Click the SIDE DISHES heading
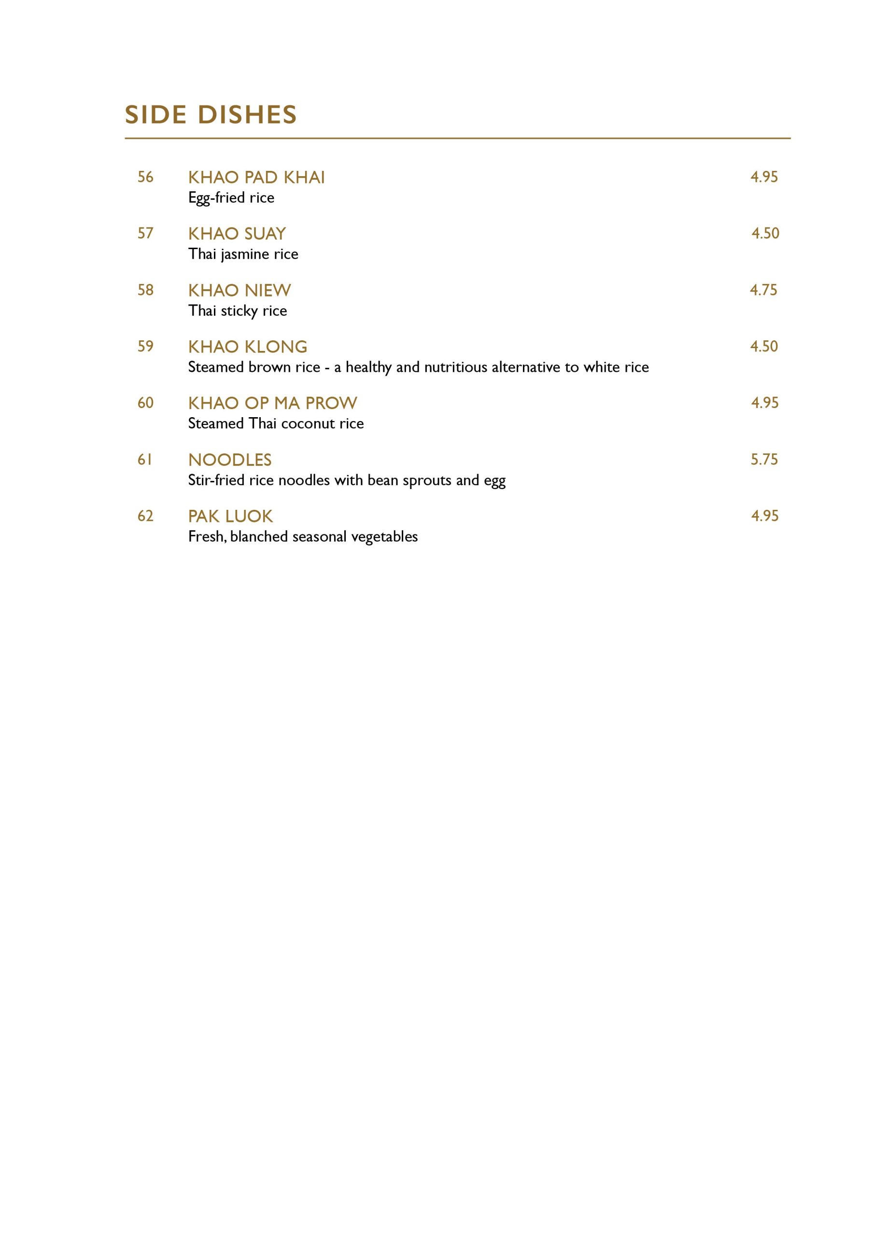tap(211, 114)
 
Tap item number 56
tap(145, 177)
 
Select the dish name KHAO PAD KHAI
tap(256, 178)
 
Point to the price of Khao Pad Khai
tap(764, 177)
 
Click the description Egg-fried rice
tap(231, 198)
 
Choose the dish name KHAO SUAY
tap(237, 234)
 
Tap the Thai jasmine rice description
tap(243, 254)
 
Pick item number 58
tap(145, 290)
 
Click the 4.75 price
tap(763, 290)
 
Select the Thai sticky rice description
tap(238, 311)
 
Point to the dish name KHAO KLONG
tap(248, 347)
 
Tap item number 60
tap(145, 403)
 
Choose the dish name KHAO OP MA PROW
tap(272, 403)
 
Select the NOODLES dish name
tap(230, 460)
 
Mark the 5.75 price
tap(764, 459)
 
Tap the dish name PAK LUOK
tap(230, 516)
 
